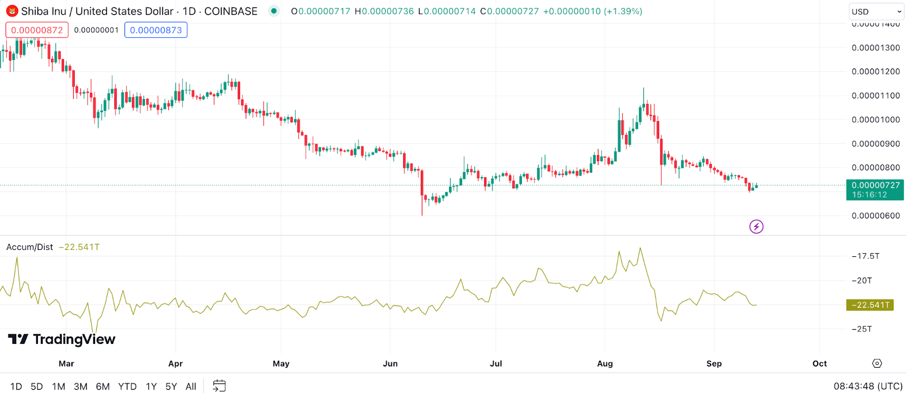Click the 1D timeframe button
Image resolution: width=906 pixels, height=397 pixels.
point(16,386)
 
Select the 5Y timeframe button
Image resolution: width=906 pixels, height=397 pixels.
point(171,386)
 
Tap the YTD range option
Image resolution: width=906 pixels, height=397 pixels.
point(127,386)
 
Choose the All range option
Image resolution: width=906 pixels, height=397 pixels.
point(191,386)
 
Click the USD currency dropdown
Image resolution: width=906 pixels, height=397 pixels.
point(876,11)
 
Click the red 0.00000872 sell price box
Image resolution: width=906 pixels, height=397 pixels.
point(37,30)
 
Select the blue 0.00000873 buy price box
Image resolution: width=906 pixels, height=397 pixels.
point(156,30)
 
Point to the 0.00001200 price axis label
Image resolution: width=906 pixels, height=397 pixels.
point(875,71)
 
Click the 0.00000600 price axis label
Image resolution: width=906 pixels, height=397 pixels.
point(875,215)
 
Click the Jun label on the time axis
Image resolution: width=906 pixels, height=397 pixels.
point(390,364)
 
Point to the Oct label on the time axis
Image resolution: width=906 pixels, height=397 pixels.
point(819,364)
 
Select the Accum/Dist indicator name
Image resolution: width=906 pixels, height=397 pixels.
point(29,247)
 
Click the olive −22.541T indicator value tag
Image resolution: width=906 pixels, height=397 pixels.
point(870,305)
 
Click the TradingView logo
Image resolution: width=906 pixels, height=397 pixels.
point(62,339)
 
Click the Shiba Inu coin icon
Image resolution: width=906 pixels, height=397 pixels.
point(12,11)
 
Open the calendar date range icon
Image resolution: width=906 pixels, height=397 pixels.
point(219,386)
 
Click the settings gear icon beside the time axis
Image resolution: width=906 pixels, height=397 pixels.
point(877,363)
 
